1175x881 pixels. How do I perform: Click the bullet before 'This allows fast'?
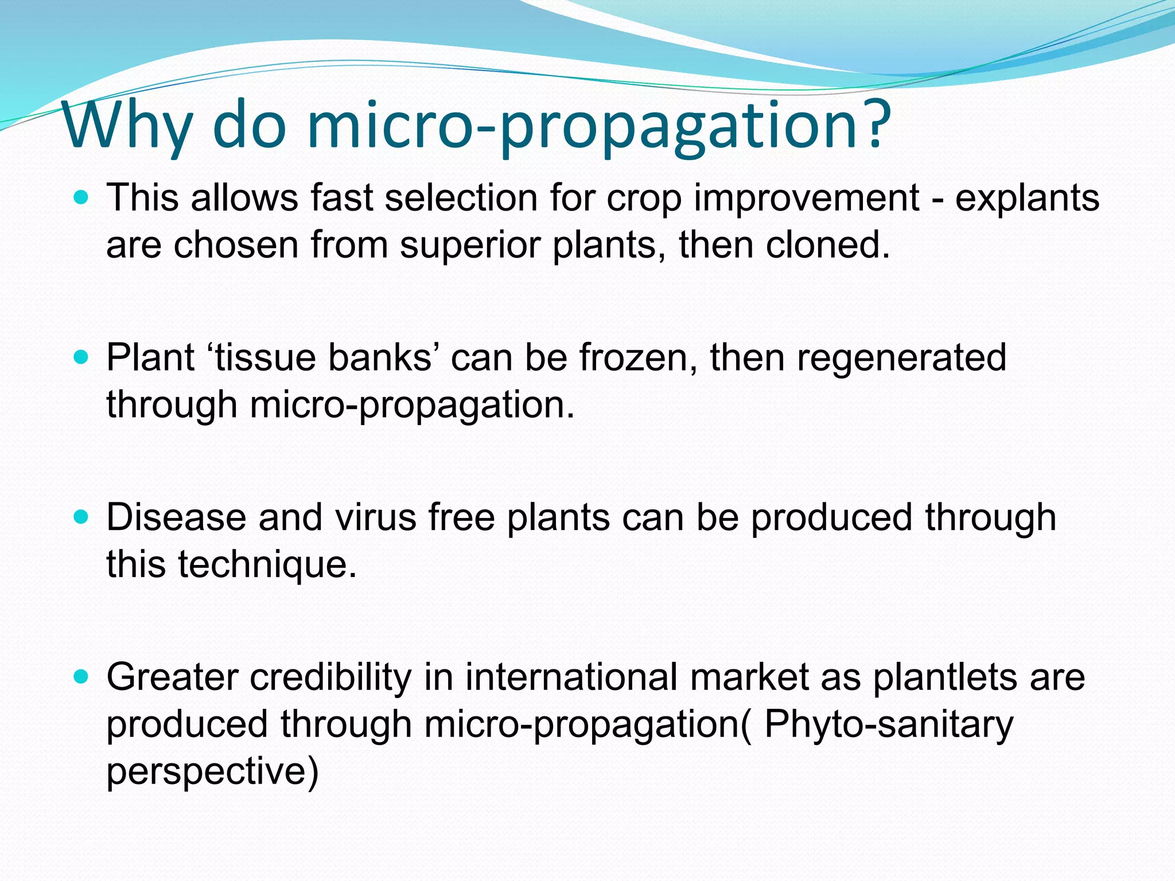(x=82, y=198)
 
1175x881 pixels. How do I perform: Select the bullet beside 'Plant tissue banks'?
(x=82, y=358)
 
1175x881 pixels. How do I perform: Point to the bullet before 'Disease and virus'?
(x=82, y=517)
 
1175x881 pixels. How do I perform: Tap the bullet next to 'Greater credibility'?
(x=82, y=677)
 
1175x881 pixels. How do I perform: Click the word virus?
(x=376, y=517)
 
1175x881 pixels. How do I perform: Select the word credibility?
(x=330, y=677)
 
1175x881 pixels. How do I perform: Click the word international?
(x=571, y=677)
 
